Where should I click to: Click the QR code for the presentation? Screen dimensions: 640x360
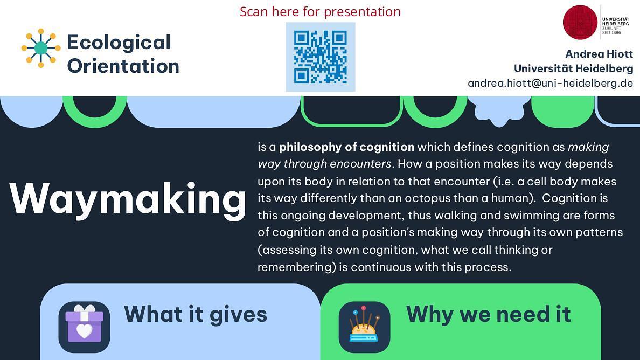click(x=321, y=57)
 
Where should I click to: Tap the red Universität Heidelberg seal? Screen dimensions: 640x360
click(x=580, y=23)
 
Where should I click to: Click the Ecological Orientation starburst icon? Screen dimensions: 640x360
click(x=41, y=48)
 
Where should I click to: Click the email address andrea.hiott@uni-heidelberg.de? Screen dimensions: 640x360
click(x=550, y=84)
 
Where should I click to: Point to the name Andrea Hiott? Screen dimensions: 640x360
click(x=599, y=54)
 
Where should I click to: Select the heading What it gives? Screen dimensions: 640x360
click(x=196, y=314)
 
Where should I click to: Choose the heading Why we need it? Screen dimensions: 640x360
click(x=488, y=314)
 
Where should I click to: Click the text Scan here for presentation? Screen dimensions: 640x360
click(x=320, y=11)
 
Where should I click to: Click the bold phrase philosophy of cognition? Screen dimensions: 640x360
click(x=346, y=147)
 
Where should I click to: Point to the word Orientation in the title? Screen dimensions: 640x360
click(x=123, y=66)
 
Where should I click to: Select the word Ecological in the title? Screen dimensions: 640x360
click(x=119, y=43)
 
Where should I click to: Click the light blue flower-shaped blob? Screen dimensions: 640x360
click(x=499, y=110)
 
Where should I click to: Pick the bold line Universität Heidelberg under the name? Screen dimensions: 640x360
click(x=574, y=68)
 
